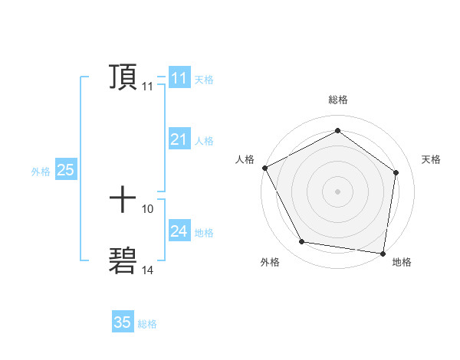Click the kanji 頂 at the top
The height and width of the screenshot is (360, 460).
123,78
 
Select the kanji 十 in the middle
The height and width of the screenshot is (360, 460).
123,200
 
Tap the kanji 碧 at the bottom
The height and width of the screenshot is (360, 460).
123,261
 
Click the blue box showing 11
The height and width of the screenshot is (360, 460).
179,78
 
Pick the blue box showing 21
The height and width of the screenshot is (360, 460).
179,139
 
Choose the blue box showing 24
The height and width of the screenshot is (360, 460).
179,231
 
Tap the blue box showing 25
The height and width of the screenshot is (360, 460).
66,170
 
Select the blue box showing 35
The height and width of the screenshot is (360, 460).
123,322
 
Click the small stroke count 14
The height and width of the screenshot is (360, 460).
148,270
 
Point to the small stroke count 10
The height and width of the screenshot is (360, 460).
148,208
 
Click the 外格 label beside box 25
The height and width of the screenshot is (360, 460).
41,172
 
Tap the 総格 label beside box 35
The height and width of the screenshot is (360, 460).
147,324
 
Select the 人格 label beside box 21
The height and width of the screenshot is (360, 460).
204,141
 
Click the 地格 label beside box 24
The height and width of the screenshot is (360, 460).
204,233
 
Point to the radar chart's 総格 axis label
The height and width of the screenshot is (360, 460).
337,100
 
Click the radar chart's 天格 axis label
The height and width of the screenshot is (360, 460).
431,159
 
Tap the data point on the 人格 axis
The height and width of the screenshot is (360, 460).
264,168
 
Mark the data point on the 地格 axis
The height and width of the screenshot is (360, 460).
383,253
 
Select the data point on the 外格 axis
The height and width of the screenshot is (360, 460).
302,242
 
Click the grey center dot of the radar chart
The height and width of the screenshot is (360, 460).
337,191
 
